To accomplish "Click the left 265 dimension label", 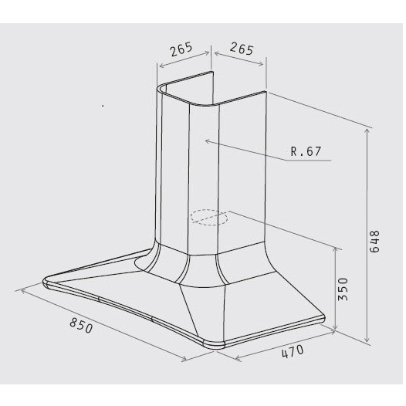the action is coord(181,49).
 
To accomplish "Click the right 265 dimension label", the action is coord(242,49).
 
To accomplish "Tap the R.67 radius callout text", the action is coord(306,151).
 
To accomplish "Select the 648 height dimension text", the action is coord(374,242).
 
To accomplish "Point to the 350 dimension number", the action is coord(343,289).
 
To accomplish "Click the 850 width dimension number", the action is coord(81,326).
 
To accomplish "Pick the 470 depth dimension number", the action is coord(293,352).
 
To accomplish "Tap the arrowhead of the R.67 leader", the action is coord(207,140).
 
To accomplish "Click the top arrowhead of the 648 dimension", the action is coord(367,130).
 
